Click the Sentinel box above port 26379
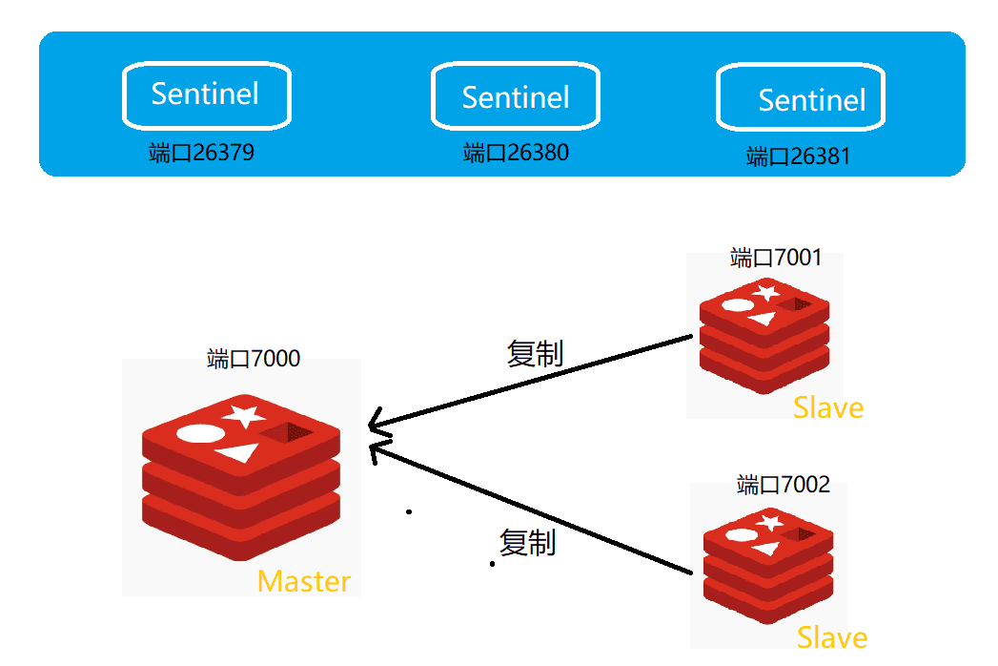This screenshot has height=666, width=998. click(206, 94)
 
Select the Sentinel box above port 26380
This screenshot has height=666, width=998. click(516, 96)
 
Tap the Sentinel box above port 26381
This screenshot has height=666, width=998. click(801, 99)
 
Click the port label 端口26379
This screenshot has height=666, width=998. click(202, 153)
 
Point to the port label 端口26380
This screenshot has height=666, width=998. click(516, 153)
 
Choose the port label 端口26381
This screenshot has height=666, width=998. click(798, 156)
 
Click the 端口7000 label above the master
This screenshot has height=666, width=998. click(254, 359)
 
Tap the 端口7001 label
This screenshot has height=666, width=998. click(776, 258)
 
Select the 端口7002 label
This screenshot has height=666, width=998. click(784, 485)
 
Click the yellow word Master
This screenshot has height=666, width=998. click(304, 581)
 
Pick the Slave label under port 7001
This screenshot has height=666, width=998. click(828, 408)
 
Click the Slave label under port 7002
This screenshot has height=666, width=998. click(832, 637)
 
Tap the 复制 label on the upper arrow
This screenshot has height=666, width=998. click(535, 354)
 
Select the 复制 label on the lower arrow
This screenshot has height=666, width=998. click(528, 543)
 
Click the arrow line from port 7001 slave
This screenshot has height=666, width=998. click(534, 382)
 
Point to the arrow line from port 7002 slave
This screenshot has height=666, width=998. click(534, 508)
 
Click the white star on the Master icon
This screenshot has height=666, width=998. click(244, 414)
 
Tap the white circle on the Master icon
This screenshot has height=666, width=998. click(201, 434)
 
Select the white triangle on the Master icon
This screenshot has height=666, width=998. click(239, 451)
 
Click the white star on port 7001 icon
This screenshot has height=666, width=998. click(765, 292)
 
